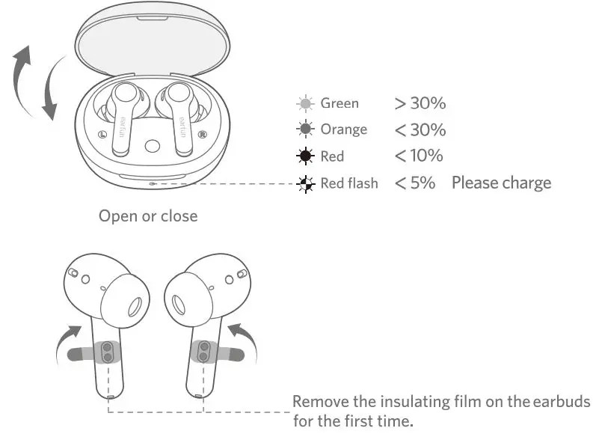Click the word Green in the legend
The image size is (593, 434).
tap(339, 103)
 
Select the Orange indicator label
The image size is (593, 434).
tap(343, 129)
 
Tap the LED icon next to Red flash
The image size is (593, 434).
tap(304, 183)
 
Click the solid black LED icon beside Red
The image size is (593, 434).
tap(304, 156)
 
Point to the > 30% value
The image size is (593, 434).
tap(420, 103)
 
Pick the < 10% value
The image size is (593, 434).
tap(419, 156)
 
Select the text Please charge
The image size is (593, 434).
tap(501, 183)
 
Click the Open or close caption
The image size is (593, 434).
tap(148, 216)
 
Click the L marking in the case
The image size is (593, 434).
tap(102, 135)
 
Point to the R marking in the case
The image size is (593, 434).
tap(203, 135)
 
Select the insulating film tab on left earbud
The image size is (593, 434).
tap(82, 353)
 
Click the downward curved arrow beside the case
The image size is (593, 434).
tap(49, 94)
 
